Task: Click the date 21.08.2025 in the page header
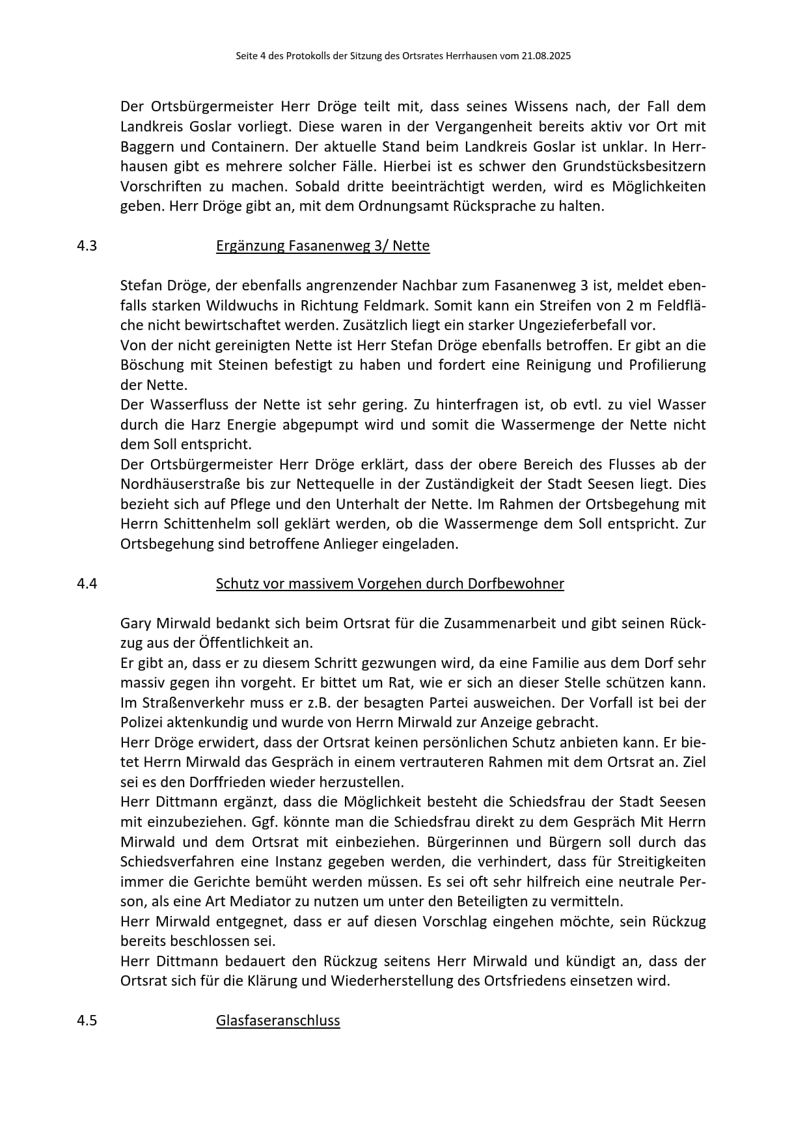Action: coord(545,56)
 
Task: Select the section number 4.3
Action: coord(87,246)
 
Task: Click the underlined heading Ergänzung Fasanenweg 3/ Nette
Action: coord(323,246)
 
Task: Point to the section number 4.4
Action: coord(87,584)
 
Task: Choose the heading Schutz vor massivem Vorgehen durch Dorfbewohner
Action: coord(390,584)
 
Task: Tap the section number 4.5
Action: coord(87,1021)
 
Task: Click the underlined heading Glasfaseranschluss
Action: coord(278,1021)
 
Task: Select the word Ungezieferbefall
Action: coord(573,326)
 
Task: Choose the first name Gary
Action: coord(135,624)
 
